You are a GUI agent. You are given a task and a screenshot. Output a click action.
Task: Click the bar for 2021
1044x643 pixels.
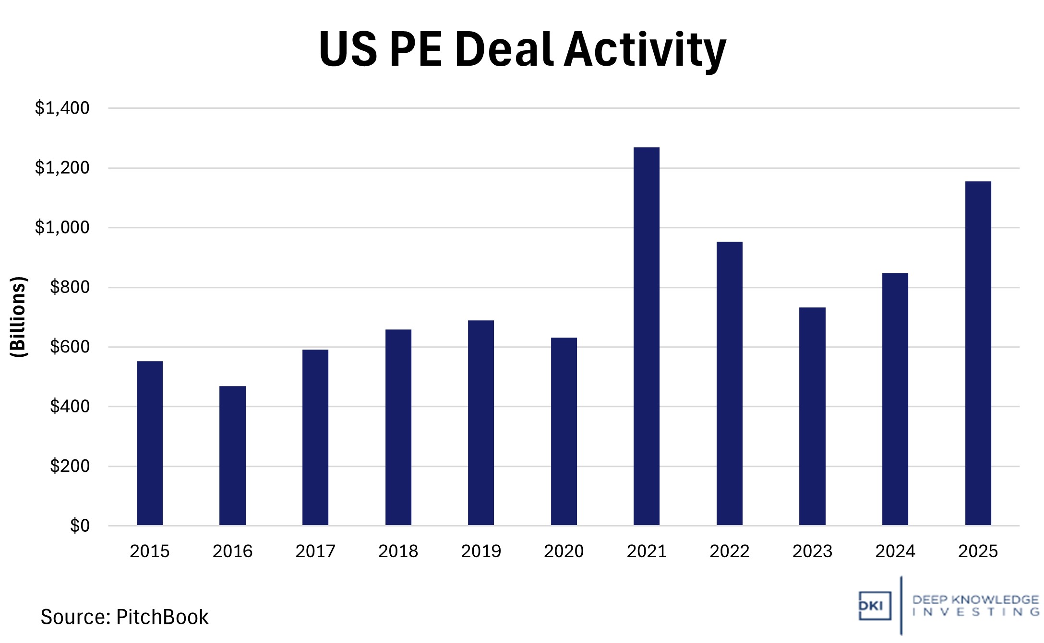pos(646,336)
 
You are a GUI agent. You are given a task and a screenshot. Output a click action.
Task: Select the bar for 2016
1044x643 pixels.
pos(232,456)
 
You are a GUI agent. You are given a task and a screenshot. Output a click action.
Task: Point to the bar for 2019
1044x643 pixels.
pos(480,422)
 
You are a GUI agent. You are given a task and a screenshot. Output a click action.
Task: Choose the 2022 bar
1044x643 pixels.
pos(729,383)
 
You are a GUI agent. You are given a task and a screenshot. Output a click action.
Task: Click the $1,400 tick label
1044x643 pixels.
pos(62,108)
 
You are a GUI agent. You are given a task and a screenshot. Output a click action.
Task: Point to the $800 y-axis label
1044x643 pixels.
pos(70,287)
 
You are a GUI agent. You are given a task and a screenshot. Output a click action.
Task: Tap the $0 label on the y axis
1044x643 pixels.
pos(80,526)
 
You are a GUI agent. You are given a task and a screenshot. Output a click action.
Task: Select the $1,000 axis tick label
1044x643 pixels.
pos(62,227)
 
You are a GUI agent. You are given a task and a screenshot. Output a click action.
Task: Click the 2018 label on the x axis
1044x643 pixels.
pos(398,551)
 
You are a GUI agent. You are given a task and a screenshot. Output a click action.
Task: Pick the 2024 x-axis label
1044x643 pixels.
pos(895,551)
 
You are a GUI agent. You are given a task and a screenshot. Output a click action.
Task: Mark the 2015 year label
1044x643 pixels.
pos(149,551)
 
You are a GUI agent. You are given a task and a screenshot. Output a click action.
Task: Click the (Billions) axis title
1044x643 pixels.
pos(18,316)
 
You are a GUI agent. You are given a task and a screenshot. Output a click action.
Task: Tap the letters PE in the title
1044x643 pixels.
pos(416,49)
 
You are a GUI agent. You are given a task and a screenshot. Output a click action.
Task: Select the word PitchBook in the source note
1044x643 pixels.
pos(162,617)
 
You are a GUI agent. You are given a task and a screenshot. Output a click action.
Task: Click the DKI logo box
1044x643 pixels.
pos(875,606)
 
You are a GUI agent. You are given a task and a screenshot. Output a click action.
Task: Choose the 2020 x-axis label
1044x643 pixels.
pos(564,551)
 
